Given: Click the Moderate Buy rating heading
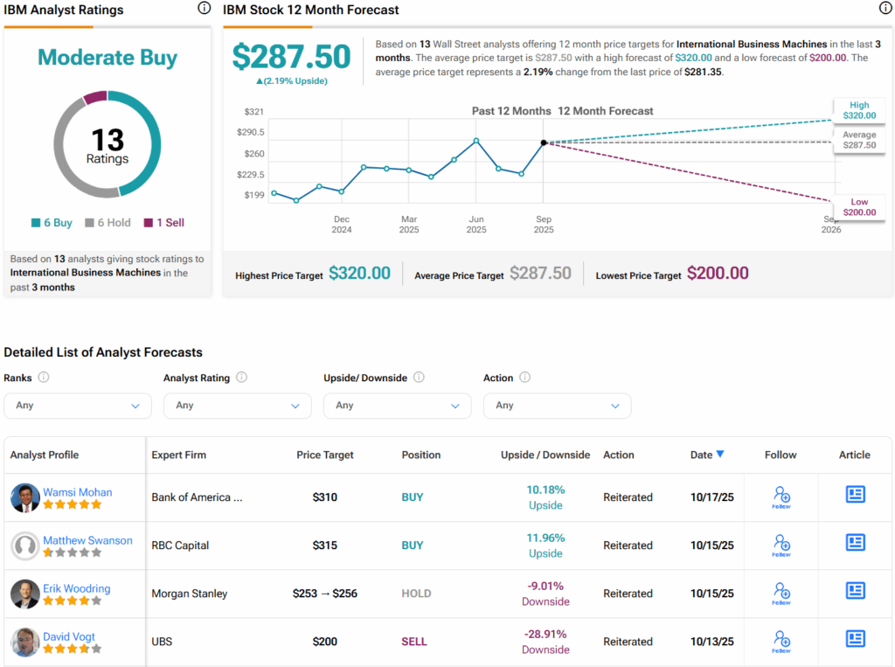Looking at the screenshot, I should (108, 58).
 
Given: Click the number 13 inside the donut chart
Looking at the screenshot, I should (108, 140).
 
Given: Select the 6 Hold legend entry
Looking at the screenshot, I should (109, 223).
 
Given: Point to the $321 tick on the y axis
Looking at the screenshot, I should (253, 112).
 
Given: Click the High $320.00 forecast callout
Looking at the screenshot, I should (858, 109).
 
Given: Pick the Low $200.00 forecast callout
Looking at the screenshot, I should (858, 206).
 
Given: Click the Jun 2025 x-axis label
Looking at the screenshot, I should (476, 225).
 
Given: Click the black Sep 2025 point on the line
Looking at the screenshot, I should (544, 142).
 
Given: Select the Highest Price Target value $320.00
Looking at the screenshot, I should (359, 274).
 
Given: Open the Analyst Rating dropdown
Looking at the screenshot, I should (237, 406).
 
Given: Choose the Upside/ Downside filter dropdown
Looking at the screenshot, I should (397, 406).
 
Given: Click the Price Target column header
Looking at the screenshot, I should (325, 455).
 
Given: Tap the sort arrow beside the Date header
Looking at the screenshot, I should (719, 454).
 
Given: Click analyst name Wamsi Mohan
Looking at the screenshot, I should (78, 492).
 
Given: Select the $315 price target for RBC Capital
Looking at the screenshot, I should (325, 545).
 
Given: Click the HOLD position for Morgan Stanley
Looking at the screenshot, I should (416, 594).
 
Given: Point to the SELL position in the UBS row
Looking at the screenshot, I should (414, 642).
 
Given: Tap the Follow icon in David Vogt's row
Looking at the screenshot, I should (781, 642).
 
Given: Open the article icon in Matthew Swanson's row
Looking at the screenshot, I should (855, 543).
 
